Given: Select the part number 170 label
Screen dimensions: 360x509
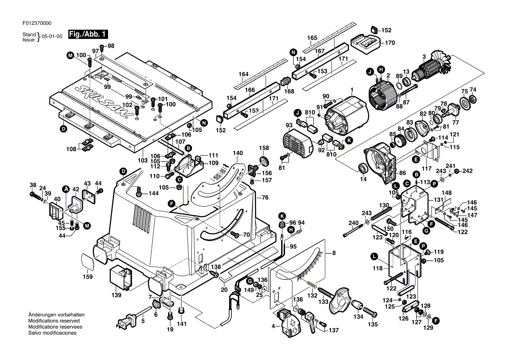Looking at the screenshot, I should click(390, 43).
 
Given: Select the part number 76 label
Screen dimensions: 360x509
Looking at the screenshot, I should click(265, 197).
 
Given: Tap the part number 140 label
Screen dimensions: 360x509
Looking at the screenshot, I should click(238, 153).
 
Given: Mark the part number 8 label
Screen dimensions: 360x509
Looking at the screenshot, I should click(334, 253).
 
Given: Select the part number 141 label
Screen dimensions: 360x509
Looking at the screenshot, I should click(182, 324).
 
